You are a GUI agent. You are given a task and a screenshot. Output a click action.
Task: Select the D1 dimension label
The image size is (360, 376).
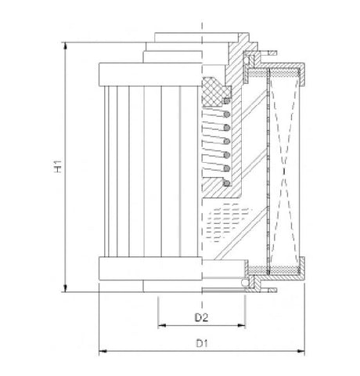(200, 342)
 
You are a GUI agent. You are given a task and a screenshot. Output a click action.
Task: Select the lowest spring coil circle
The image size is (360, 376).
(227, 183)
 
